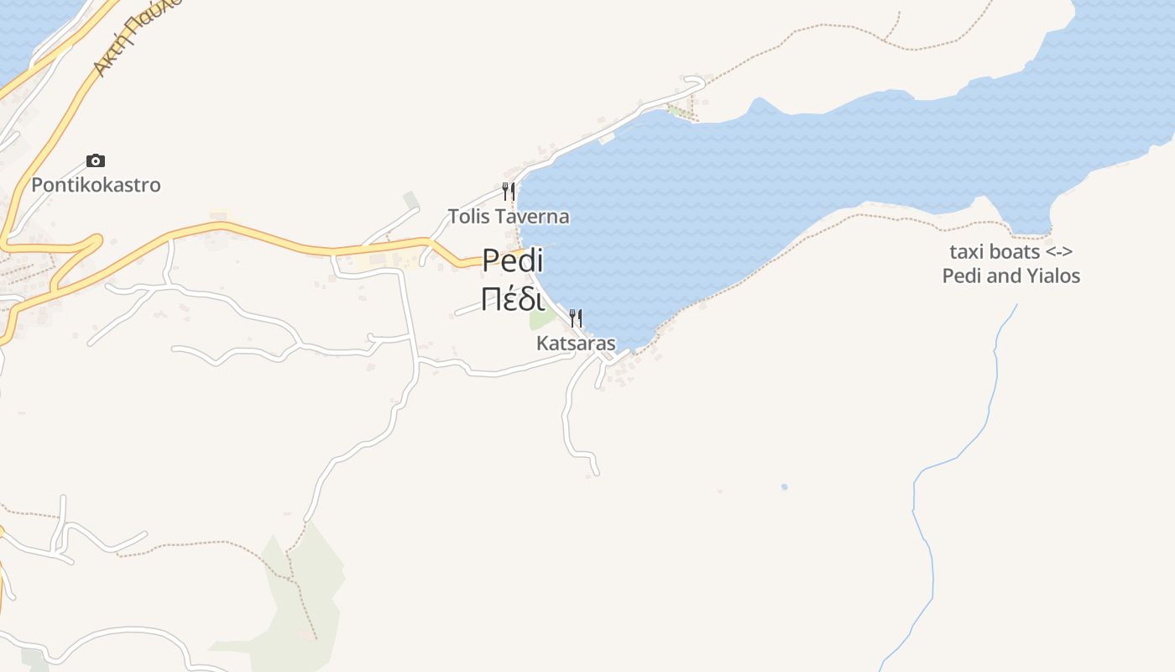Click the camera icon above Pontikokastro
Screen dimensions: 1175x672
96,160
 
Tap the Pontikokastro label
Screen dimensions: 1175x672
96,185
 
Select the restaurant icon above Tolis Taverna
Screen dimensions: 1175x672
508,191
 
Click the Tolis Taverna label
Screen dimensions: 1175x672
509,217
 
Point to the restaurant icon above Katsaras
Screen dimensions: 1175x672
576,318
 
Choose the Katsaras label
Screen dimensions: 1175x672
576,344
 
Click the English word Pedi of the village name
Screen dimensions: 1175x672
513,261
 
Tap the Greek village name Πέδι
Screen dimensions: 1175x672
513,298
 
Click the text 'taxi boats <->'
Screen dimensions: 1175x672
1011,251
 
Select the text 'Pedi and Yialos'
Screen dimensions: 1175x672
1011,276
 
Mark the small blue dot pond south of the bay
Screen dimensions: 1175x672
784,486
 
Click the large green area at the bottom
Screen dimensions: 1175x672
302,596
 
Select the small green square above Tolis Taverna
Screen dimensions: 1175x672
410,199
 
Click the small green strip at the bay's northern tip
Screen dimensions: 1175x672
676,111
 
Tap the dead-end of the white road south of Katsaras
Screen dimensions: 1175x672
597,473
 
